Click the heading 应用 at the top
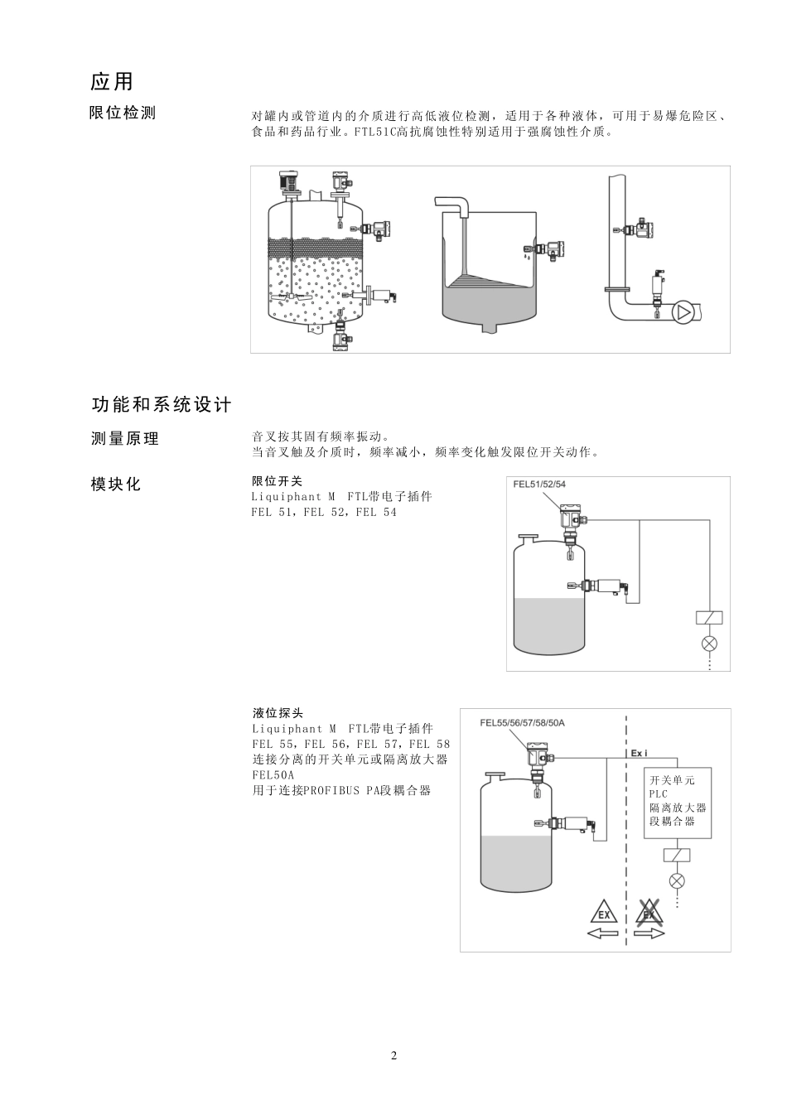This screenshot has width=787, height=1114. click(112, 81)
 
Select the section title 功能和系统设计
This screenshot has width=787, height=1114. click(162, 404)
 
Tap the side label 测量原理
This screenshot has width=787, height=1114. click(124, 439)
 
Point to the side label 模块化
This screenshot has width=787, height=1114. click(116, 485)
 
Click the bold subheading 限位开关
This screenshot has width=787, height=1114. click(278, 481)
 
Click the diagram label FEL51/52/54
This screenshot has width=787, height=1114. click(539, 485)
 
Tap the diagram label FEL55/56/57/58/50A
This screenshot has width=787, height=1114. click(522, 722)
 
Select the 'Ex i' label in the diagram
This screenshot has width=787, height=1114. click(640, 754)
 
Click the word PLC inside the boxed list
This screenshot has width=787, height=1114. click(659, 794)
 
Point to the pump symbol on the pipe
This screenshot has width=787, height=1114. click(683, 312)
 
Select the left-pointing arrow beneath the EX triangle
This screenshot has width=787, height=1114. click(602, 933)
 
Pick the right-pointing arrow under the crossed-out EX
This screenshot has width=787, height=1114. click(650, 933)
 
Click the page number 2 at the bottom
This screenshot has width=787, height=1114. click(393, 1055)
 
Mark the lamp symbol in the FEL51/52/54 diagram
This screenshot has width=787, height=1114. click(709, 644)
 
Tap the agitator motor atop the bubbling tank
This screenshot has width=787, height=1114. click(289, 181)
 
